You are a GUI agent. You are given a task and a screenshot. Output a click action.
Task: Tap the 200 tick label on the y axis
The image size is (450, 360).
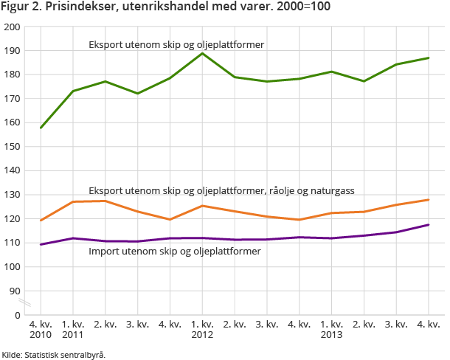click(x=13, y=27)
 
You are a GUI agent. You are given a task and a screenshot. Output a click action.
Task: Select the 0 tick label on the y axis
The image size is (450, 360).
click(x=17, y=315)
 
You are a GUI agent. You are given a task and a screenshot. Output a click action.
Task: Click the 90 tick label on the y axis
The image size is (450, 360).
click(x=15, y=291)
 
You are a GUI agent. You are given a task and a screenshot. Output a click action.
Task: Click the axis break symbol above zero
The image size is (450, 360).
click(x=24, y=303)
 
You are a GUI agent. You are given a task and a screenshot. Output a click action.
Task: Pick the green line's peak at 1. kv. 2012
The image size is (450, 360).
click(x=202, y=53)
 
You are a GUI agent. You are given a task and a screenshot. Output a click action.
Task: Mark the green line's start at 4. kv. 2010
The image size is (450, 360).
click(x=41, y=128)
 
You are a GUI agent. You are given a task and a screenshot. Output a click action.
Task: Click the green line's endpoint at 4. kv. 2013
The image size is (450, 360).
click(x=429, y=58)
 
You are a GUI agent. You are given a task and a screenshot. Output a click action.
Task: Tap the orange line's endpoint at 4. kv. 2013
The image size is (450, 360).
click(x=429, y=200)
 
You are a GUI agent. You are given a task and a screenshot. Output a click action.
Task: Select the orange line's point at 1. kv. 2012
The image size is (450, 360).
click(x=202, y=206)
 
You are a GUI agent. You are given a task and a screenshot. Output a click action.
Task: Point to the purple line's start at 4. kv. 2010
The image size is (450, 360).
click(x=41, y=244)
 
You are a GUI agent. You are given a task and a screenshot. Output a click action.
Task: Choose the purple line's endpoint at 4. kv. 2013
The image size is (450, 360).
click(x=429, y=225)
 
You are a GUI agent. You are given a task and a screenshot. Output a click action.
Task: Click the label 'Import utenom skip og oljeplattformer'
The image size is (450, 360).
click(x=174, y=252)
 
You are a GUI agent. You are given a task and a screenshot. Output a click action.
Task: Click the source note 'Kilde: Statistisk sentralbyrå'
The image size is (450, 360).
click(x=54, y=355)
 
